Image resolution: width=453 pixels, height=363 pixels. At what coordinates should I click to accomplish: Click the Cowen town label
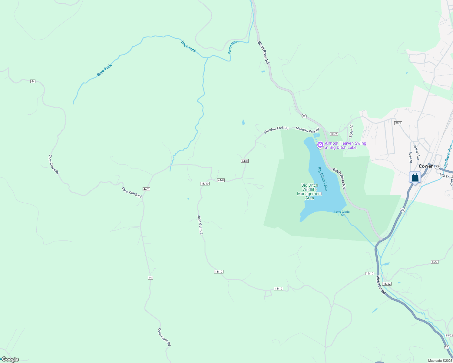(x=426, y=166)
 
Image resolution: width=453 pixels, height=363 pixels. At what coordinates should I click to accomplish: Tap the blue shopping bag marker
(x=415, y=178)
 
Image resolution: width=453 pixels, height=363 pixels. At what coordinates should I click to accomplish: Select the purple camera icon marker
(x=320, y=145)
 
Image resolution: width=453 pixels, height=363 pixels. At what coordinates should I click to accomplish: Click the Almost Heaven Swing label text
(x=345, y=146)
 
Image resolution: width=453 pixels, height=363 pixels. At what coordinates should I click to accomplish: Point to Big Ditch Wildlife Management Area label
(x=309, y=192)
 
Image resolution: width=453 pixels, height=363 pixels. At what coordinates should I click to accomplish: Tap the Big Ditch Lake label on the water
(x=322, y=178)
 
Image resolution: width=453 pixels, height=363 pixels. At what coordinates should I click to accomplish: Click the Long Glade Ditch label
(x=342, y=214)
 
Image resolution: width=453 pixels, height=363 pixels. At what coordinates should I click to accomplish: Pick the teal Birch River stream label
(x=234, y=47)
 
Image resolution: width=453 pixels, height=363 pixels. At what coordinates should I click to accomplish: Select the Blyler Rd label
(x=351, y=131)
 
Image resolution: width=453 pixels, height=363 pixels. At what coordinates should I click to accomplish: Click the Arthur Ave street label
(x=417, y=153)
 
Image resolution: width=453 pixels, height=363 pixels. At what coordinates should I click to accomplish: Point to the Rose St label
(x=411, y=157)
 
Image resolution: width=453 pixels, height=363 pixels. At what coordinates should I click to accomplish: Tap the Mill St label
(x=444, y=175)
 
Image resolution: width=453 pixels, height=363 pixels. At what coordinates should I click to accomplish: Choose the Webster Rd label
(x=381, y=285)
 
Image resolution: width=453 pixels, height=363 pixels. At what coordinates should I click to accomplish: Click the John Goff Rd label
(x=200, y=225)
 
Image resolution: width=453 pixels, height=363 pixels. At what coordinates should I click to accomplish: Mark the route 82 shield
(x=304, y=116)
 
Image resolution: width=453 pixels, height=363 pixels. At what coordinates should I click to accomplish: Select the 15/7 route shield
(x=435, y=262)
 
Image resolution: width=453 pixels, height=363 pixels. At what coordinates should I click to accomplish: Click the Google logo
(x=10, y=359)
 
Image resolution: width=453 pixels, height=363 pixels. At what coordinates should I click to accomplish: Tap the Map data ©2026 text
(x=440, y=361)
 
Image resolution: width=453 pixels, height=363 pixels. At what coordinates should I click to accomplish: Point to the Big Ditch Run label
(x=448, y=156)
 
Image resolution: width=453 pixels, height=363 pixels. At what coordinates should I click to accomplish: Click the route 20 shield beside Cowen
(x=437, y=167)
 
